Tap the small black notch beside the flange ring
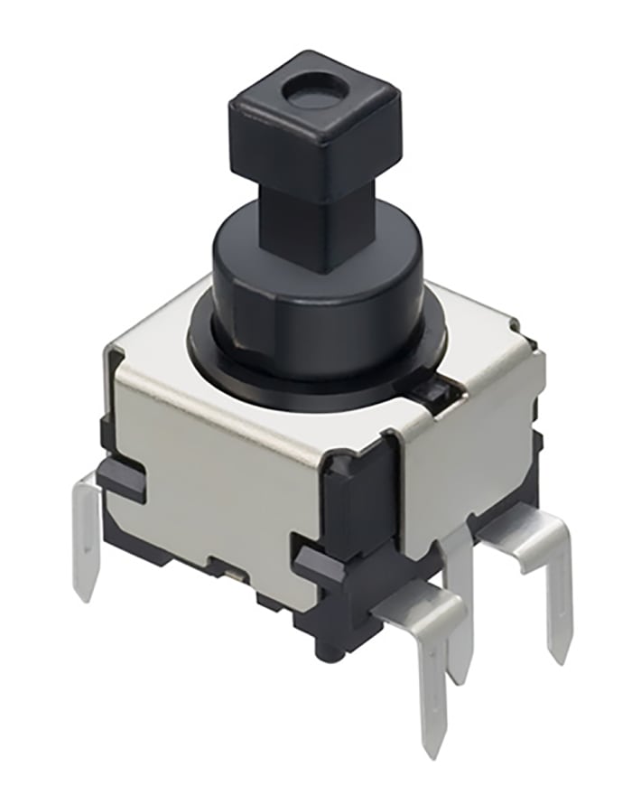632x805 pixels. click(x=433, y=390)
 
